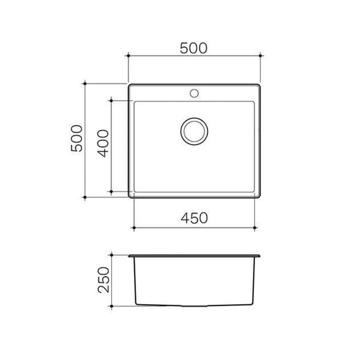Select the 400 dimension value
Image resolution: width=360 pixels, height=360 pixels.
[103, 143]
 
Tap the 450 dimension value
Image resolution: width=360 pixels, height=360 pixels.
[194, 217]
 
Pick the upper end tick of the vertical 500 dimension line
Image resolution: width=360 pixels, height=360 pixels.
[86, 83]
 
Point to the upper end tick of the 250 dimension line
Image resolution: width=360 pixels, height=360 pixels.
[113, 256]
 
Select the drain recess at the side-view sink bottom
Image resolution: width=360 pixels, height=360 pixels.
[195, 304]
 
